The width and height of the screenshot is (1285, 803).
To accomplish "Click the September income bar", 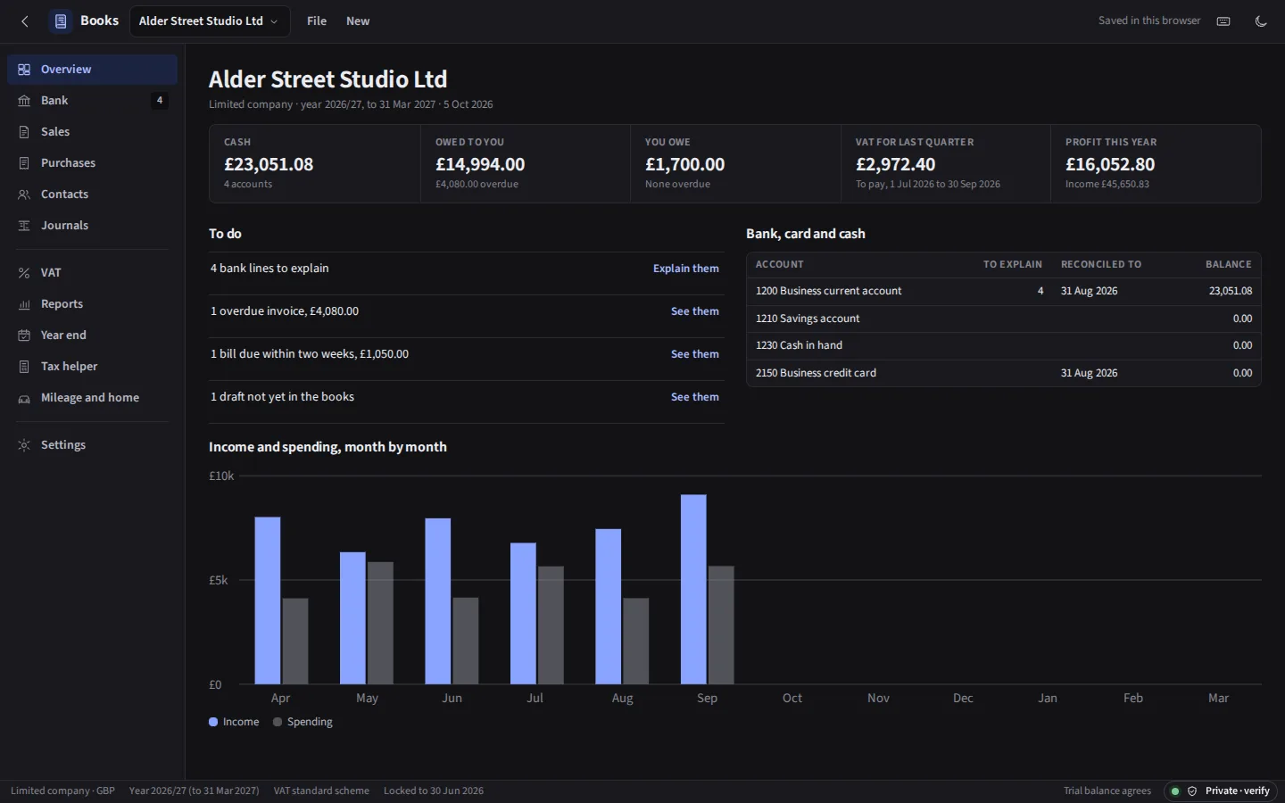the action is click(693, 589).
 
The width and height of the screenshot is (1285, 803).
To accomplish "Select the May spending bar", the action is click(380, 623).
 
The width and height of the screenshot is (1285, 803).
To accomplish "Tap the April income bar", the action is click(268, 600).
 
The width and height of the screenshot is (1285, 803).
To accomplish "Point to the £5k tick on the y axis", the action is click(218, 580).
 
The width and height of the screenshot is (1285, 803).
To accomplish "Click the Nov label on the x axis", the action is click(878, 698).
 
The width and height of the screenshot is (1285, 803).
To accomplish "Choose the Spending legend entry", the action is click(303, 722).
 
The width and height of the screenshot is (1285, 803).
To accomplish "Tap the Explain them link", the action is click(685, 269).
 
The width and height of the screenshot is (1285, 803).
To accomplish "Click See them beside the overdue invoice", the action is click(694, 311).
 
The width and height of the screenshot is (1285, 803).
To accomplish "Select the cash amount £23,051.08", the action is click(269, 164).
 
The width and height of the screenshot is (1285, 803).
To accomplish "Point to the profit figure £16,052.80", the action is click(1110, 164).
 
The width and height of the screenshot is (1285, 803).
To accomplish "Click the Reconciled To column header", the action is click(1101, 264).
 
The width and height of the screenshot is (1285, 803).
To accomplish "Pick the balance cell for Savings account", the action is click(1242, 319).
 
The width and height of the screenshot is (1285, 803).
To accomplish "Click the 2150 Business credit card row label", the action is click(816, 373).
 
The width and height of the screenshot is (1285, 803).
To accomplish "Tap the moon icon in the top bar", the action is click(1260, 21).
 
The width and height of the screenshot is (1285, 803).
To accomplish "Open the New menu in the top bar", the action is click(357, 21).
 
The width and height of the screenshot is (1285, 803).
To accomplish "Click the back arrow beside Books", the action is click(25, 21).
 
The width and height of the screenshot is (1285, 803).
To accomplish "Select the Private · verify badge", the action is click(1222, 791).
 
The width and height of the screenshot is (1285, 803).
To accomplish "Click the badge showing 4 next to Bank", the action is click(160, 100).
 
